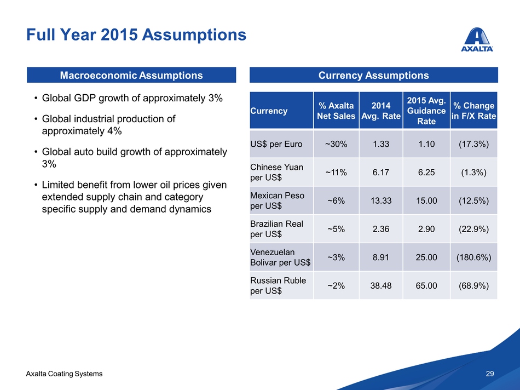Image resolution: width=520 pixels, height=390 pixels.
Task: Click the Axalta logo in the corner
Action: pos(478,39)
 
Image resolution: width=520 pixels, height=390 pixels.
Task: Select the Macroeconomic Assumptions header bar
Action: pos(131,75)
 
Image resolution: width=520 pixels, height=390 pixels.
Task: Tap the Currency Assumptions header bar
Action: pos(373,75)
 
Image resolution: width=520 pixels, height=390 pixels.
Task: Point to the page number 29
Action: pos(490,374)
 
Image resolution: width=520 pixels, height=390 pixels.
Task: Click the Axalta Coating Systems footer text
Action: pos(64,374)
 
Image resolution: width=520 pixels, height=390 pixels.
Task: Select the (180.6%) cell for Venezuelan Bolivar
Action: pos(473,257)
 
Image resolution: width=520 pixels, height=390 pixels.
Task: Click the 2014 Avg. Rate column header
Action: pos(381,111)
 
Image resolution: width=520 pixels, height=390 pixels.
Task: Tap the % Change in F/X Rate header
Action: pos(473,111)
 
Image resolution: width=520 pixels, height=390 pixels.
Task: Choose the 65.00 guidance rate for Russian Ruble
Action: pos(426,285)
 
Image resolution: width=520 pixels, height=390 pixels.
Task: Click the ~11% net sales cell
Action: pos(336,172)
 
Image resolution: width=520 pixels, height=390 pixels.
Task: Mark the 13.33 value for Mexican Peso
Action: pos(381,200)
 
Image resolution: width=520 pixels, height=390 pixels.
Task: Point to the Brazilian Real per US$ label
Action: pos(276,229)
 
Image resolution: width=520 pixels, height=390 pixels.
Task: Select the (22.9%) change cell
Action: pos(473,229)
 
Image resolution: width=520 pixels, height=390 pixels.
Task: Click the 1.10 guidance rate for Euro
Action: pos(426,145)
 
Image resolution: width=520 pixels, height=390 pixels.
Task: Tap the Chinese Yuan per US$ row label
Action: pos(276,172)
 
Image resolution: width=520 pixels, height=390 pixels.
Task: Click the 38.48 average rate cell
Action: pos(381,285)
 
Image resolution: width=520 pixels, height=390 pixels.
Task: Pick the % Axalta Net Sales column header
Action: pos(336,111)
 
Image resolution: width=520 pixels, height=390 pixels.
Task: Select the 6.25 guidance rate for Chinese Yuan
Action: pos(426,172)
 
